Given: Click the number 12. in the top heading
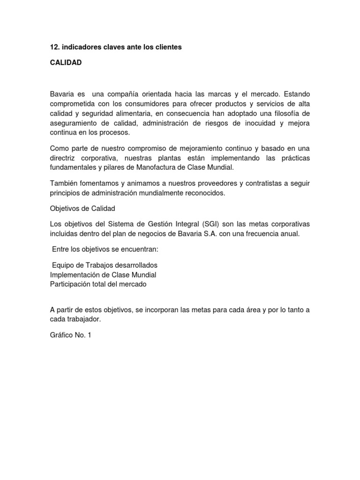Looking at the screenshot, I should pos(55,48).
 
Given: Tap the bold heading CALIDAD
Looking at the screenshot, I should pos(66,62).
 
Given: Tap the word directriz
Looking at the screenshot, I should pos(64,158).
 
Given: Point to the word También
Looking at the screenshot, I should pos(63,182).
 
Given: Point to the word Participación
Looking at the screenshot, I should pos(71,284).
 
